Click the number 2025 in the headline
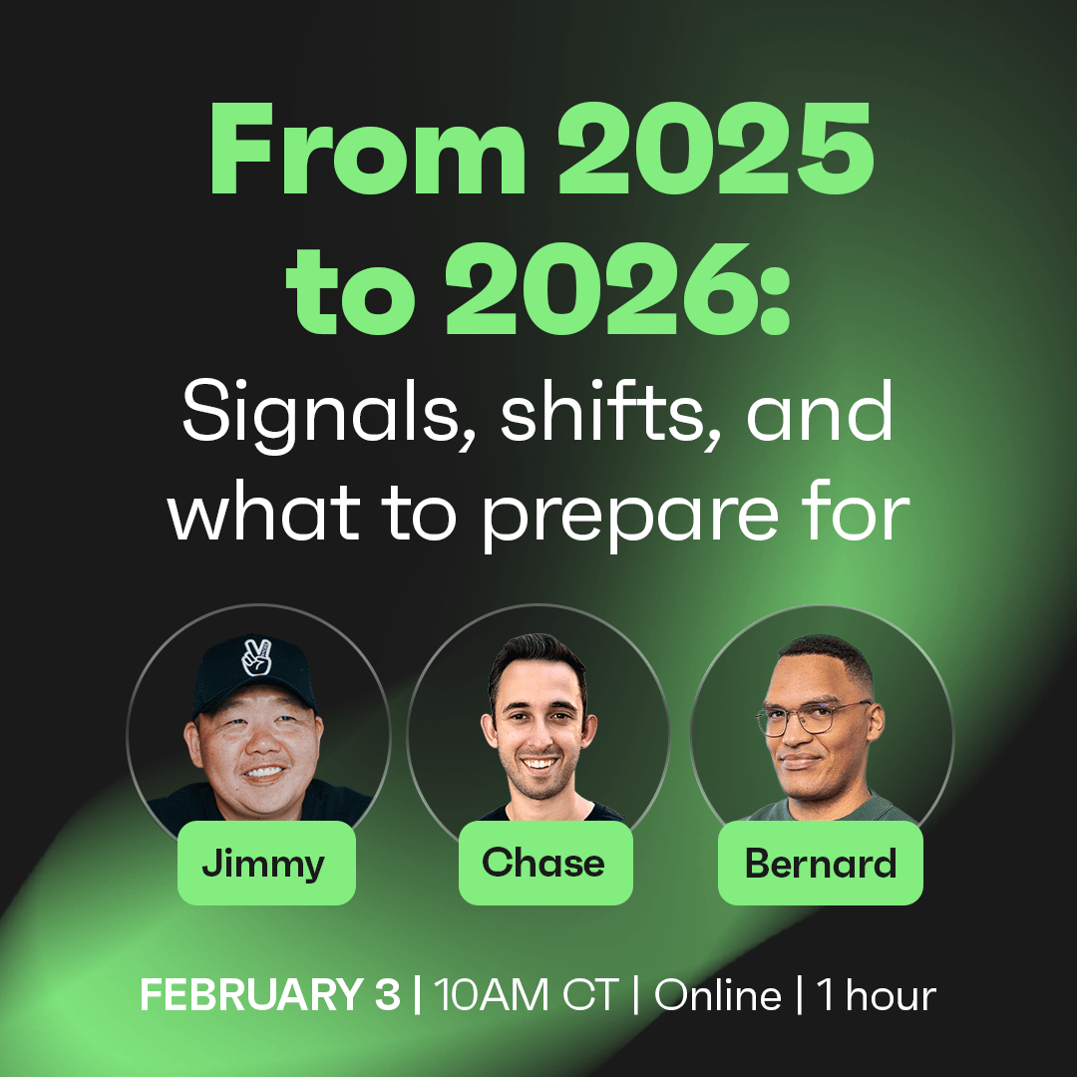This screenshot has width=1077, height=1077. pyautogui.click(x=715, y=149)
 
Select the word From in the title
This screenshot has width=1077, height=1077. pyautogui.click(x=367, y=149)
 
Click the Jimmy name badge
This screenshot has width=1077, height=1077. pyautogui.click(x=266, y=863)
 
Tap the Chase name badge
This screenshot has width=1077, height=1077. pyautogui.click(x=545, y=863)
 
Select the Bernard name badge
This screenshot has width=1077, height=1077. pyautogui.click(x=820, y=863)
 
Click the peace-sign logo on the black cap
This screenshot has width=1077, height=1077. pyautogui.click(x=257, y=656)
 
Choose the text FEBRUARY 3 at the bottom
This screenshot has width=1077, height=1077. pyautogui.click(x=270, y=994)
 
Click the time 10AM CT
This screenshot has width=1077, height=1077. pyautogui.click(x=527, y=994)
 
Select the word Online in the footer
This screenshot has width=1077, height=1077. pyautogui.click(x=718, y=994)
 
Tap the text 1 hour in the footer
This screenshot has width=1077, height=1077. pyautogui.click(x=877, y=994)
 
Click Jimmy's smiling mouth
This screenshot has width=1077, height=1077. pyautogui.click(x=262, y=772)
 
